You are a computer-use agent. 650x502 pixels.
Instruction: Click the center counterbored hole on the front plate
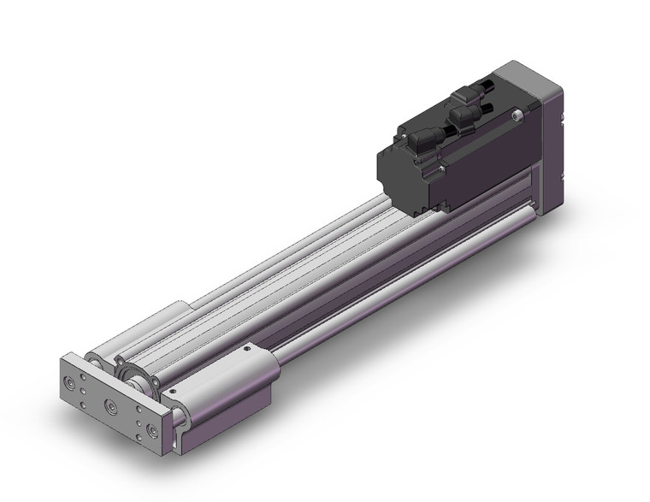click(x=109, y=404)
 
